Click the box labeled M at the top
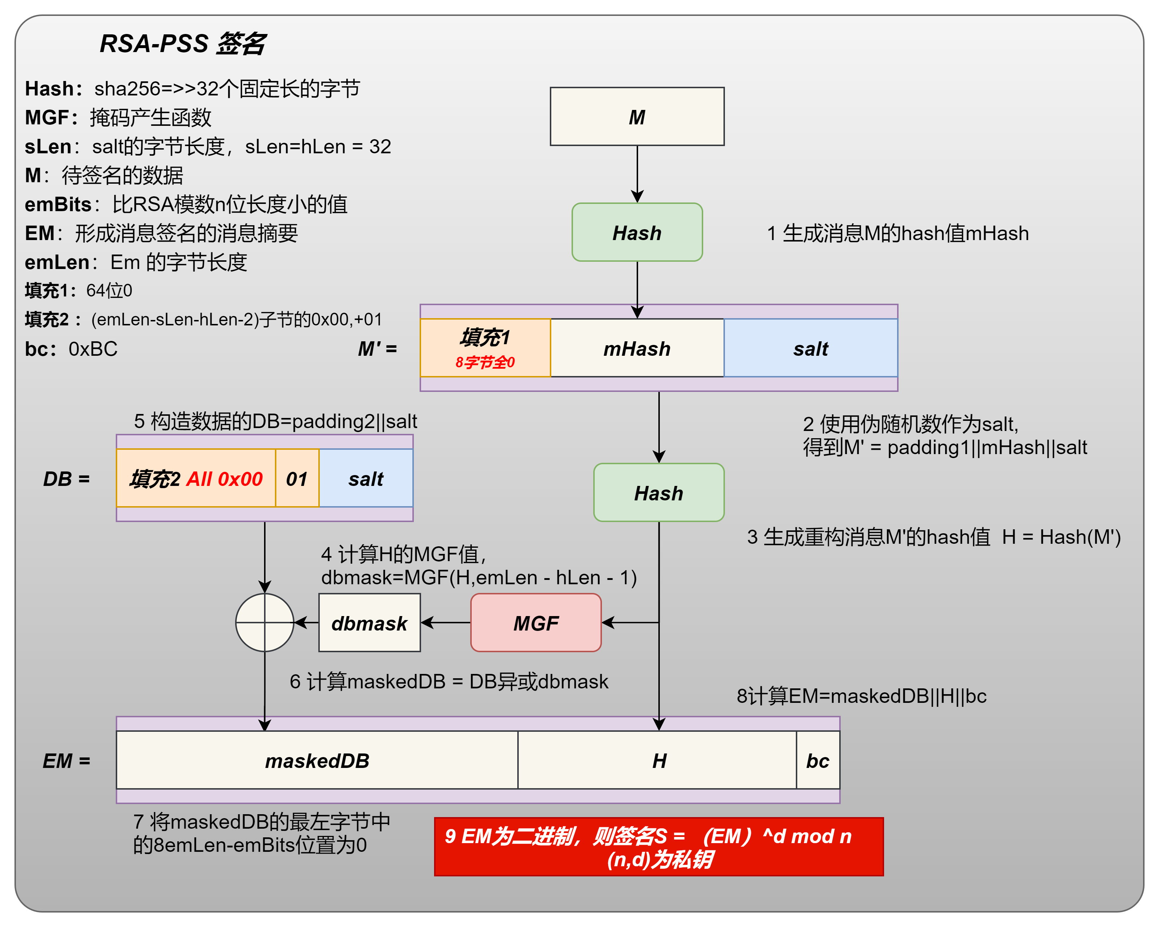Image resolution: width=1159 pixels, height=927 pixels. click(637, 117)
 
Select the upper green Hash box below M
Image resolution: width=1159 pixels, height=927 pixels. click(637, 232)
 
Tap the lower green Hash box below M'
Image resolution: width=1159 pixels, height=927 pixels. click(658, 492)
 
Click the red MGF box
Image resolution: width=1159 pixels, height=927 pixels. click(536, 623)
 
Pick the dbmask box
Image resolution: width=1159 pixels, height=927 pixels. click(369, 623)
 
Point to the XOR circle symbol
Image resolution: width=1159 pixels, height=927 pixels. click(264, 623)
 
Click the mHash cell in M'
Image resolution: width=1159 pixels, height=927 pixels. click(637, 348)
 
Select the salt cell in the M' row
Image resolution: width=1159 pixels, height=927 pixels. click(811, 348)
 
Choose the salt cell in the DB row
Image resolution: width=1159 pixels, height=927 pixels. click(366, 478)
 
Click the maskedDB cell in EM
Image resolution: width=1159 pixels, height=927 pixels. click(317, 760)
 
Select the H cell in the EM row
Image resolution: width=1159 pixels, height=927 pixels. click(658, 760)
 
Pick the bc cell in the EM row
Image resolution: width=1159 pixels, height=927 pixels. click(818, 760)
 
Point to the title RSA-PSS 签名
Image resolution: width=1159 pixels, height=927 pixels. click(183, 43)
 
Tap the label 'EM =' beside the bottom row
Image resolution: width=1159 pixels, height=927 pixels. click(67, 760)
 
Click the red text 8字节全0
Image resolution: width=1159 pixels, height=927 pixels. click(485, 362)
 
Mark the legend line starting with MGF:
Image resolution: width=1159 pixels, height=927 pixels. click(118, 117)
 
